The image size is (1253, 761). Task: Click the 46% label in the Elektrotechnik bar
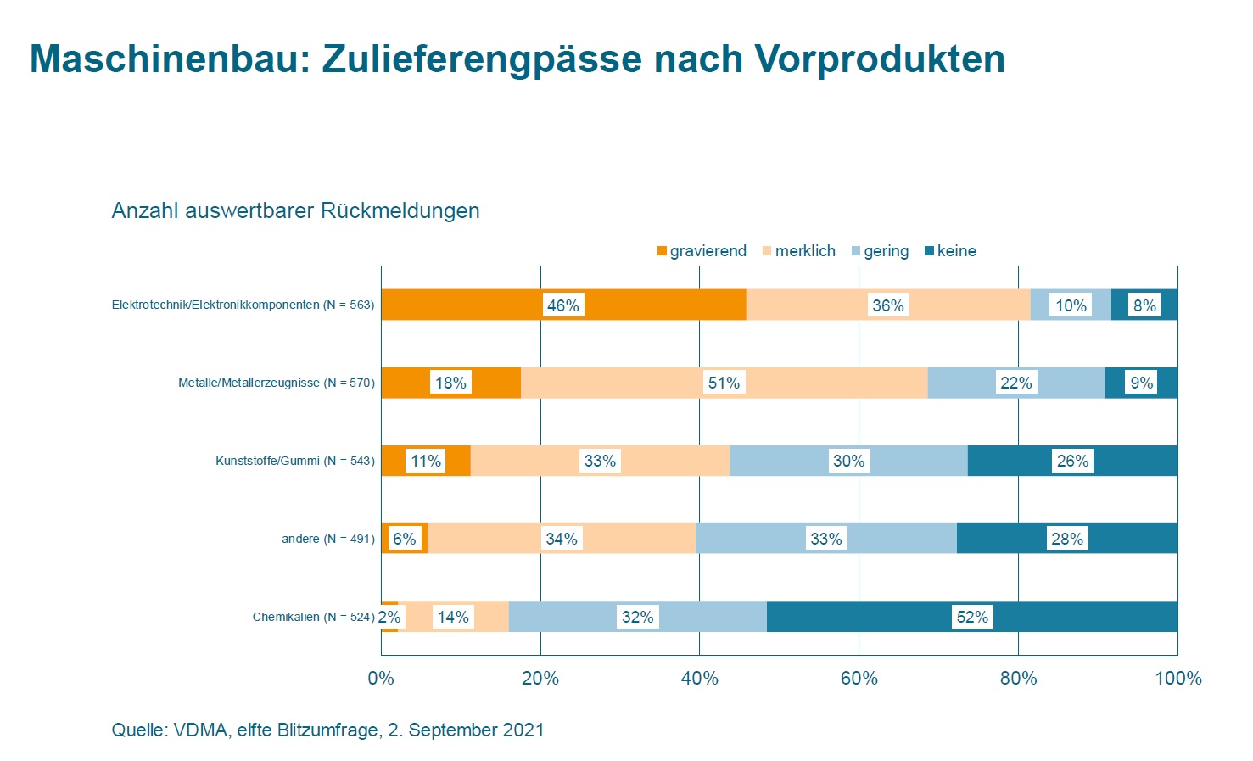562,305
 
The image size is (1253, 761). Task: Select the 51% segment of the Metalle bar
724,383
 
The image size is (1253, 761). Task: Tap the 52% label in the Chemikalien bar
972,617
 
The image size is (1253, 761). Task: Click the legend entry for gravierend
702,251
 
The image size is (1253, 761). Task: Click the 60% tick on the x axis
859,678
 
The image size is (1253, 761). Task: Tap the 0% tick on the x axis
381,678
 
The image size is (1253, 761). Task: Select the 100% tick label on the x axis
1177,678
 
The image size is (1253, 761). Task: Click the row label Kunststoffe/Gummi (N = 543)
294,461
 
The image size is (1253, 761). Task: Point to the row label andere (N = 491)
327,539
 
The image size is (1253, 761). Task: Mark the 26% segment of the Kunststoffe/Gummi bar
1072,461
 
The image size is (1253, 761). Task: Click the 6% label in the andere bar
405,539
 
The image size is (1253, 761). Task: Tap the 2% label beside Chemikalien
389,617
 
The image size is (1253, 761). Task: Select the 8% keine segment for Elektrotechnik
1144,305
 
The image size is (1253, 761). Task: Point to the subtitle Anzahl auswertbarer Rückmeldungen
295,210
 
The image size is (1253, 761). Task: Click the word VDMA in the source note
200,730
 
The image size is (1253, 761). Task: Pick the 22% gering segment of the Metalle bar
1015,383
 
